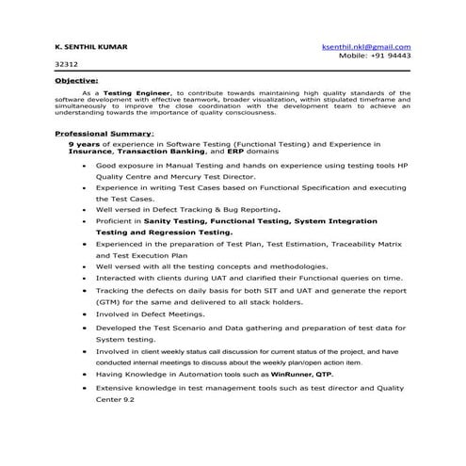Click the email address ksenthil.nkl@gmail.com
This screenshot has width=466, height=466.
click(x=365, y=46)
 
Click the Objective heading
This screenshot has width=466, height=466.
click(x=76, y=82)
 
